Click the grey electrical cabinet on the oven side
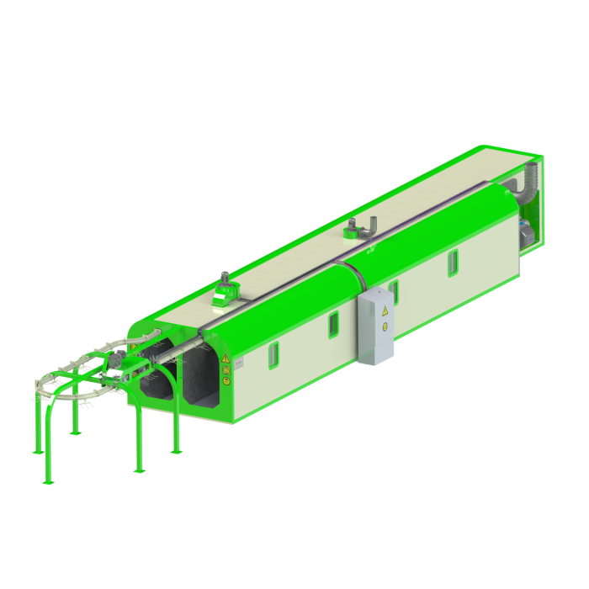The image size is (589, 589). click(x=375, y=326)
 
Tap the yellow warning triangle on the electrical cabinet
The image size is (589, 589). click(x=385, y=311)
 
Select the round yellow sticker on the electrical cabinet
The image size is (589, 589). click(x=385, y=326)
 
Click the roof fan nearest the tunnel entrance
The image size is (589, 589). click(x=224, y=289)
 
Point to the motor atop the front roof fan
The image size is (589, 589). click(x=225, y=277)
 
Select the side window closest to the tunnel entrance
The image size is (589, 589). click(x=273, y=356)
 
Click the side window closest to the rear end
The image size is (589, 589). click(x=453, y=262)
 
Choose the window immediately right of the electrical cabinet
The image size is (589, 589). click(x=393, y=291)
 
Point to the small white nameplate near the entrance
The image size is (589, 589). click(x=238, y=363)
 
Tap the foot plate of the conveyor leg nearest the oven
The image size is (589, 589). click(x=176, y=451)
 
